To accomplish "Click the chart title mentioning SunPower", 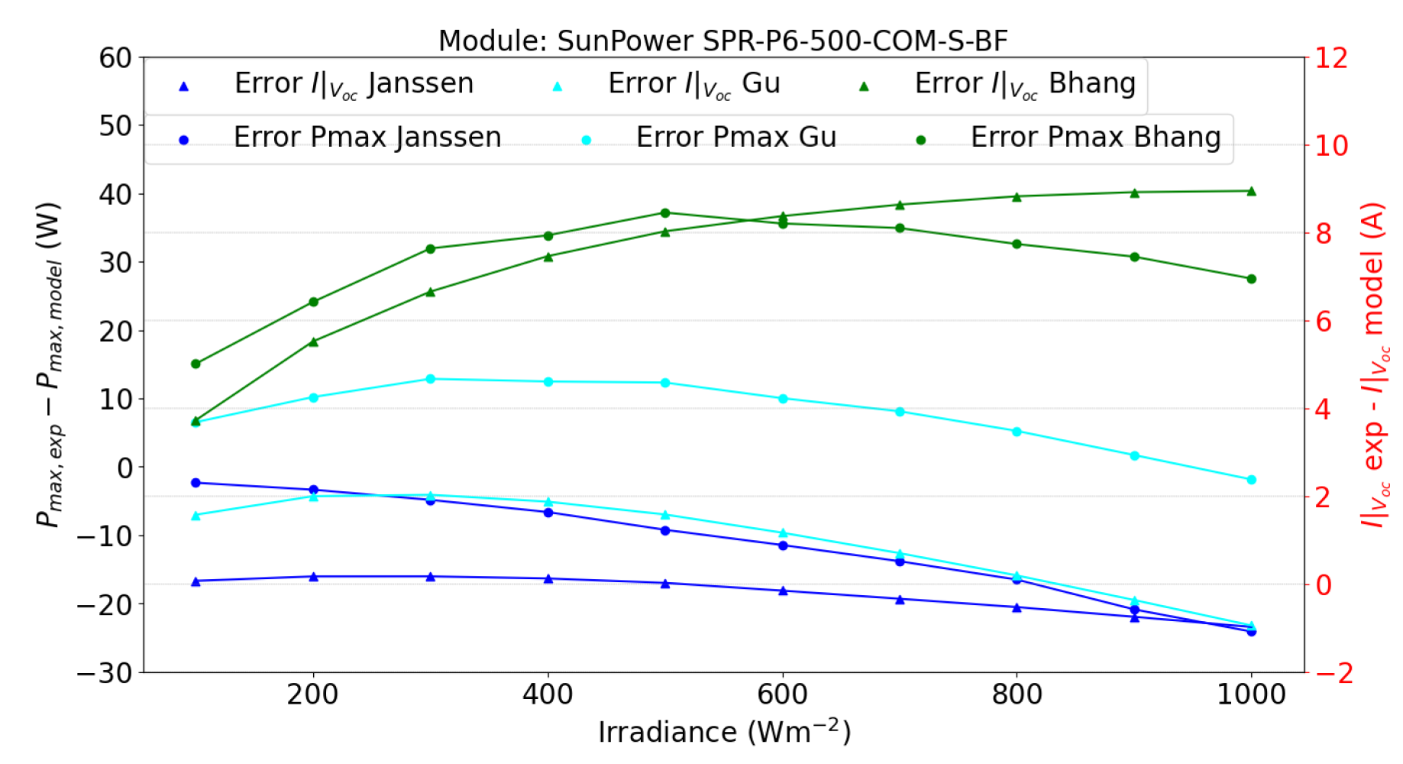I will click(x=723, y=40).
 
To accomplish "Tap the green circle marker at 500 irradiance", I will click(x=665, y=213).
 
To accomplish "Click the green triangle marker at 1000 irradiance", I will click(x=1251, y=191).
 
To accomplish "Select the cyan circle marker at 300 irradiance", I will click(x=430, y=379).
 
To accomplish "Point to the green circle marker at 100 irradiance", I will click(x=196, y=364).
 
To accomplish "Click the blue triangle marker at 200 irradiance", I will click(x=313, y=577).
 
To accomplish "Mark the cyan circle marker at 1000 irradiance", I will click(x=1251, y=480).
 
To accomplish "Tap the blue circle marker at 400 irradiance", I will click(x=548, y=513).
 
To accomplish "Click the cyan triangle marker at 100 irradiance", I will click(x=196, y=516).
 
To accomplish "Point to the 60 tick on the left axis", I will click(x=115, y=58).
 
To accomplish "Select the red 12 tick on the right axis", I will click(x=1330, y=58).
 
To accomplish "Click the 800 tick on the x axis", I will click(x=1017, y=694).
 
